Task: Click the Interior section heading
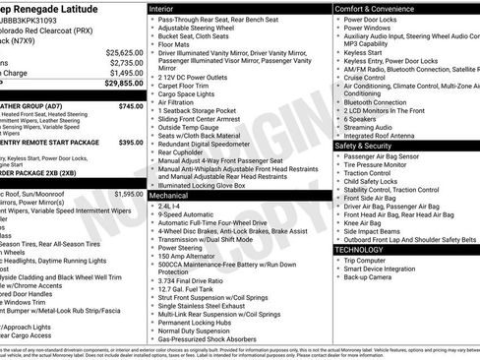[168, 8]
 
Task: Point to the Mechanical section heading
[174, 197]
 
